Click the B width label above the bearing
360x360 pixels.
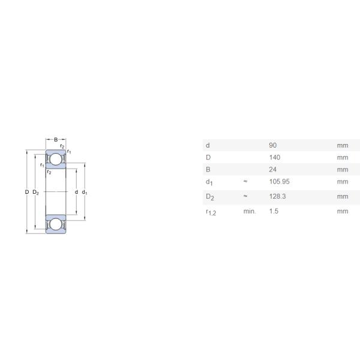coord(56,140)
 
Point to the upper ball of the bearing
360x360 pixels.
coord(56,160)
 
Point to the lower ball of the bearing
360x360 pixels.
coord(56,224)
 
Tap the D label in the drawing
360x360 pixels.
coord(26,192)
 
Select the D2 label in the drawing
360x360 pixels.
coord(35,192)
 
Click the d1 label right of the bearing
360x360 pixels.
coord(85,192)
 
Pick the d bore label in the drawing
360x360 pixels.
coord(76,192)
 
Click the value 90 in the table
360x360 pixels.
coord(273,145)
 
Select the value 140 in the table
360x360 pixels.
coord(275,157)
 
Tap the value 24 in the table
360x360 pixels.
coord(273,169)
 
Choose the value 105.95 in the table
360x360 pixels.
coord(279,181)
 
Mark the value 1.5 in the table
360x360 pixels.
coord(274,211)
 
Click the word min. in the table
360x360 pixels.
coord(249,211)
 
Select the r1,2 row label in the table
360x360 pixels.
coord(211,212)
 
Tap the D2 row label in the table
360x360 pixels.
coord(209,197)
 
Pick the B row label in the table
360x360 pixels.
coord(208,169)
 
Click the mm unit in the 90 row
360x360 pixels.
coord(342,145)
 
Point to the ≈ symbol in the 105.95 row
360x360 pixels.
coord(245,181)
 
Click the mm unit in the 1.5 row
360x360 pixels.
coord(342,211)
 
